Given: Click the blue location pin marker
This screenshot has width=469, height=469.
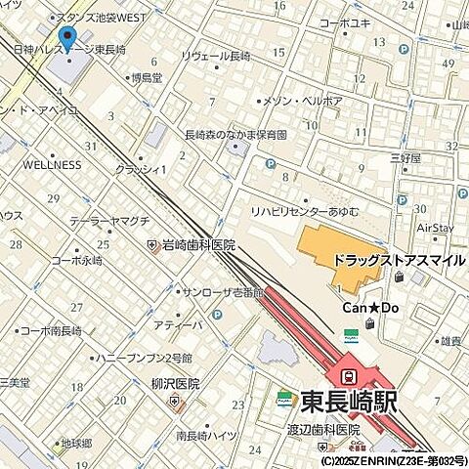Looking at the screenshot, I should click(x=68, y=38).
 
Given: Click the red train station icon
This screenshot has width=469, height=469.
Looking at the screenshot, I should click(x=346, y=375).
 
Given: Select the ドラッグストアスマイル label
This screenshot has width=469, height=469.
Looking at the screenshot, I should click(x=400, y=261).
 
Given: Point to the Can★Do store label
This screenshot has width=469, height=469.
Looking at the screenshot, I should click(x=370, y=308).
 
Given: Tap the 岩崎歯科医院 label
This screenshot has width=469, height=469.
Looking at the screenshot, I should click(x=197, y=244).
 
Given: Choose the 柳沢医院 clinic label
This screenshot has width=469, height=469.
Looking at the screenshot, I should click(x=175, y=384).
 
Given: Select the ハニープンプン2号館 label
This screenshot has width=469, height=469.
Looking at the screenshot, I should click(x=146, y=359).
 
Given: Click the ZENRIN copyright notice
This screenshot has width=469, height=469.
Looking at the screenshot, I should click(x=393, y=459).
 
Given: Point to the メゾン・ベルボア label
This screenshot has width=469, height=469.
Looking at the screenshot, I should click(x=305, y=101).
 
